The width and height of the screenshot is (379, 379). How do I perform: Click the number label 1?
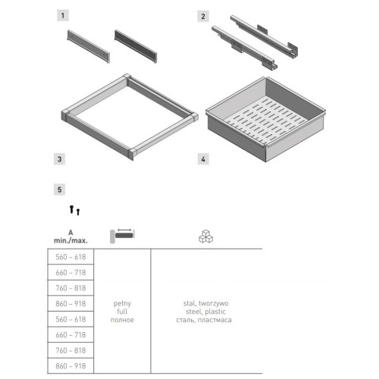63,16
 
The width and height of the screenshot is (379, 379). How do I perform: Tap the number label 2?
203,17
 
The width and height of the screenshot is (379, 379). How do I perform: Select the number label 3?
60,159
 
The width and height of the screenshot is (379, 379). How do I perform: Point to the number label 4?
203,159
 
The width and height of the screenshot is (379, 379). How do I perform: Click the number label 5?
60,189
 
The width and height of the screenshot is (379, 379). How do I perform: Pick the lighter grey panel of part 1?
89,46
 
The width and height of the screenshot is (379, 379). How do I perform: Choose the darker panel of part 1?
136,46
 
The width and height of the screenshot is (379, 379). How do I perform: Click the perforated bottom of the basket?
265,121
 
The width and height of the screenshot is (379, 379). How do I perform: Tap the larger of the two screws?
71,209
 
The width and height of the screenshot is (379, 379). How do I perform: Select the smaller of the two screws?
78,211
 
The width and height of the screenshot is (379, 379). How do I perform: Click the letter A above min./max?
70,233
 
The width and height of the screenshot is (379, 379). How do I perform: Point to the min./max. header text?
70,240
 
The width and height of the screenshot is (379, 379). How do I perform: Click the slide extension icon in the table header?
122,236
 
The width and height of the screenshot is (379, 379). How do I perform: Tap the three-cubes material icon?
206,236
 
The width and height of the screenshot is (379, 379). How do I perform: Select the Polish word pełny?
122,303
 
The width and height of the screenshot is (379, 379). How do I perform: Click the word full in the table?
122,312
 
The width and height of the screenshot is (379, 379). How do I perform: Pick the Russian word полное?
122,320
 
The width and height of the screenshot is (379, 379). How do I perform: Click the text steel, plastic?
205,312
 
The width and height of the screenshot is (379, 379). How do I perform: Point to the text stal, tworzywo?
205,303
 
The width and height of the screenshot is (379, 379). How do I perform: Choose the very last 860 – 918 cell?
70,366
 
